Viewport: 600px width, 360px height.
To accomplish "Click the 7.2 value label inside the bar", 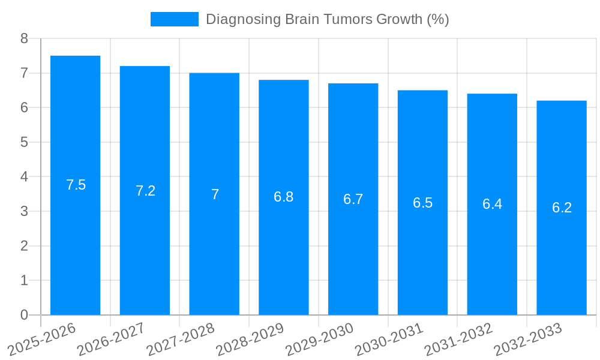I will (145, 191).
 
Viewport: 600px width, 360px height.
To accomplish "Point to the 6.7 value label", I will (353, 199).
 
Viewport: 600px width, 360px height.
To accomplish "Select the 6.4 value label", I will (492, 204).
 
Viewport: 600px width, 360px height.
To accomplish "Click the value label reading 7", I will (215, 194).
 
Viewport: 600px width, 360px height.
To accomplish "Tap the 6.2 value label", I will (562, 208).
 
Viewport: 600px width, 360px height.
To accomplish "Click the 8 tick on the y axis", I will (24, 38).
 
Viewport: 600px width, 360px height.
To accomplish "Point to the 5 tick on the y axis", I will (24, 142).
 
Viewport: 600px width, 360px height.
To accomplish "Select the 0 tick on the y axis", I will (24, 315).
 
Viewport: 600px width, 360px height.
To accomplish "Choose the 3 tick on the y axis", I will (24, 211).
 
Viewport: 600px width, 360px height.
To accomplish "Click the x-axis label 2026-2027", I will (111, 339).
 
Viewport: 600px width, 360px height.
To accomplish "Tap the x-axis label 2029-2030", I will (319, 339).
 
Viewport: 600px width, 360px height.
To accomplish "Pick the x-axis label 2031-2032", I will (458, 339).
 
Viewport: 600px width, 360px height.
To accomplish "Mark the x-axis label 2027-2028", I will (181, 339).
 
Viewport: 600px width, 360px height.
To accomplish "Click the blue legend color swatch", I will (174, 19).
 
